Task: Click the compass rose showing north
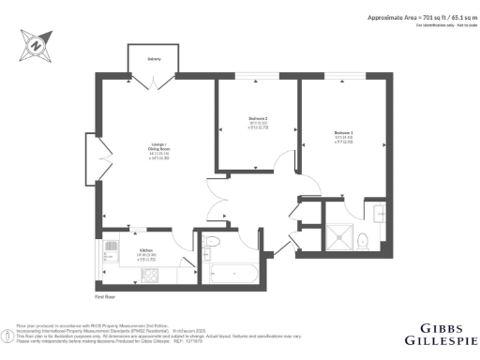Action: [35, 43]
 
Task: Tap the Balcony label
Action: [154, 59]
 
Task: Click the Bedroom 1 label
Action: [343, 134]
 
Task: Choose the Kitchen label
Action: [145, 250]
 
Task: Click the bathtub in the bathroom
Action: [234, 275]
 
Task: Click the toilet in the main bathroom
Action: [211, 242]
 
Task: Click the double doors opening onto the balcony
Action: [154, 82]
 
